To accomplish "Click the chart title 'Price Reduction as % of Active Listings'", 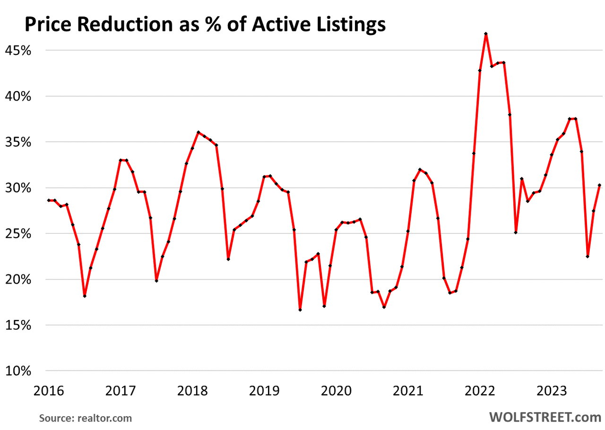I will pyautogui.click(x=205, y=25).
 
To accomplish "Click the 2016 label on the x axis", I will pyautogui.click(x=49, y=391).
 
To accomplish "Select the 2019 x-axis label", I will pyautogui.click(x=265, y=391).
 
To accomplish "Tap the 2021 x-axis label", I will pyautogui.click(x=408, y=391).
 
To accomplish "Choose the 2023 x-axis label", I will pyautogui.click(x=552, y=391).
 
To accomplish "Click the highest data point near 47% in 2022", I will pyautogui.click(x=486, y=34).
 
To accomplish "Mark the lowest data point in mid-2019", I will pyautogui.click(x=300, y=310).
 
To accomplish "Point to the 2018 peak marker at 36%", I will pyautogui.click(x=198, y=132).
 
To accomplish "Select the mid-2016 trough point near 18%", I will pyautogui.click(x=85, y=296).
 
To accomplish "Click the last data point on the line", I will pyautogui.click(x=599, y=185).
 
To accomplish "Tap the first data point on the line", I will pyautogui.click(x=49, y=200).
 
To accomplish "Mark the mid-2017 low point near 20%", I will pyautogui.click(x=156, y=281).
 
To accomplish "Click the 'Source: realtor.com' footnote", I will pyautogui.click(x=86, y=418).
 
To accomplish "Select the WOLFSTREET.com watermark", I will pyautogui.click(x=545, y=417).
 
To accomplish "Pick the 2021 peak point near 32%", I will pyautogui.click(x=420, y=169).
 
